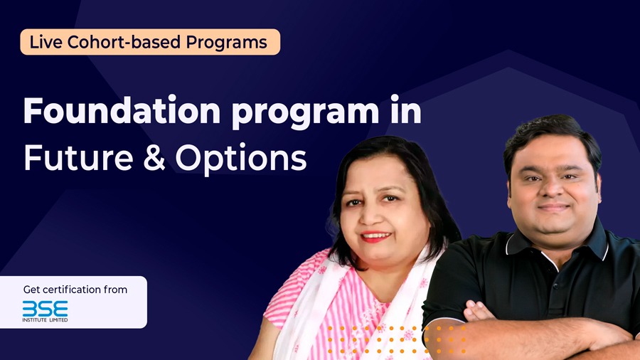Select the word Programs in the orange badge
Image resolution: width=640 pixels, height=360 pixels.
pyautogui.click(x=227, y=43)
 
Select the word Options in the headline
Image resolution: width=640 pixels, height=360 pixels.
pyautogui.click(x=241, y=159)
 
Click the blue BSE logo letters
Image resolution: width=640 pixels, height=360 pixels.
pyautogui.click(x=45, y=309)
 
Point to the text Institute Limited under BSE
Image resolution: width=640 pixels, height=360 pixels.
pyautogui.click(x=45, y=320)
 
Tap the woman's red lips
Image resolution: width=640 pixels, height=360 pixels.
pyautogui.click(x=376, y=236)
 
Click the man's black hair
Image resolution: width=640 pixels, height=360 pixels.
pyautogui.click(x=551, y=139)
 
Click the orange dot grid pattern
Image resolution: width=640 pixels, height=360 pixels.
pyautogui.click(x=397, y=339)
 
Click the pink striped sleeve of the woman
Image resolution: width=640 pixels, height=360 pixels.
pyautogui.click(x=286, y=298)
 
